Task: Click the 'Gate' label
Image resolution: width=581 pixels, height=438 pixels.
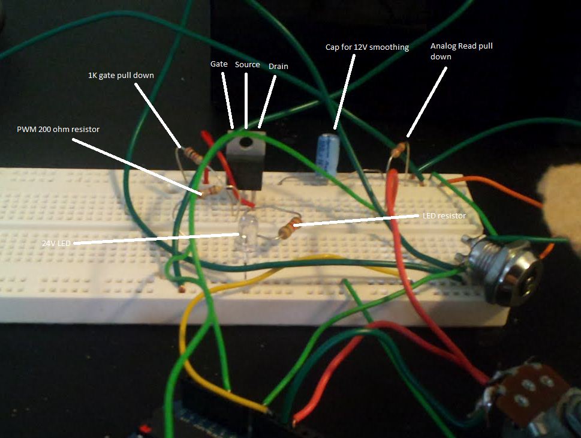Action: (219, 64)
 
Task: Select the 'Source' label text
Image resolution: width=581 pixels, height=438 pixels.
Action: (247, 65)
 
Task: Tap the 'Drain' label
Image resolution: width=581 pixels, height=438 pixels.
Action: (278, 67)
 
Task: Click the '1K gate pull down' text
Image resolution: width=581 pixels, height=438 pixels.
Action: (121, 75)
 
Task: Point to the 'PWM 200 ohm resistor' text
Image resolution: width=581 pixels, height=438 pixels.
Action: (58, 130)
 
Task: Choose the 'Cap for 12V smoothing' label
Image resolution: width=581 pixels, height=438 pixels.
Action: (367, 47)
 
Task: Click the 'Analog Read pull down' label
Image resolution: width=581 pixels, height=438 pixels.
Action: (461, 51)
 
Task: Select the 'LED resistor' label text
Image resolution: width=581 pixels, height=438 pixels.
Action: (444, 215)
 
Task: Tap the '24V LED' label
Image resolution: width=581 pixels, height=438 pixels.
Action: (56, 243)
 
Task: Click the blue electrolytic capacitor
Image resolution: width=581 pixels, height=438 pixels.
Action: (328, 155)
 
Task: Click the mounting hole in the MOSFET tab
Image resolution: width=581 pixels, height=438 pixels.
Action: (245, 142)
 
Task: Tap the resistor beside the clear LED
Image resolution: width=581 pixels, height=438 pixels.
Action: (290, 227)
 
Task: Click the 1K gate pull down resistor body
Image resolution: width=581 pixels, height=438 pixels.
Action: (194, 155)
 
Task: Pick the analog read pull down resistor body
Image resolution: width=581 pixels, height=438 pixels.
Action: (398, 149)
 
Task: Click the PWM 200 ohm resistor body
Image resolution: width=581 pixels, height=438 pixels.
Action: (212, 191)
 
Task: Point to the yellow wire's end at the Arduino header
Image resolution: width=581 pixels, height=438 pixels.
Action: (267, 410)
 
